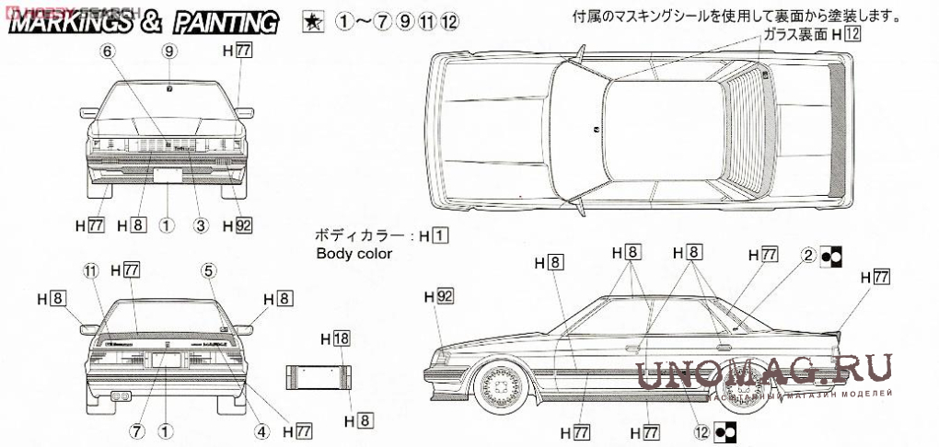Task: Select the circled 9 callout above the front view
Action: pyautogui.click(x=168, y=52)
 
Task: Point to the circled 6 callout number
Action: pyautogui.click(x=109, y=52)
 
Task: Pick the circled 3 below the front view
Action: pyautogui.click(x=200, y=223)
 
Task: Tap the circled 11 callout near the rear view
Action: pyautogui.click(x=89, y=269)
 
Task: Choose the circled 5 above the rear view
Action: pyautogui.click(x=209, y=269)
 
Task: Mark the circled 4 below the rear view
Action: pyautogui.click(x=261, y=430)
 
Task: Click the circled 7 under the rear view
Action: pyautogui.click(x=135, y=430)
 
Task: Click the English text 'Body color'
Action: pyautogui.click(x=354, y=254)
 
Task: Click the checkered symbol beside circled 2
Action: pyautogui.click(x=830, y=258)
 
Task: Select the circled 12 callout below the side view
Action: pyautogui.click(x=702, y=430)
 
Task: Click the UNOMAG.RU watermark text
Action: pyautogui.click(x=764, y=373)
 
